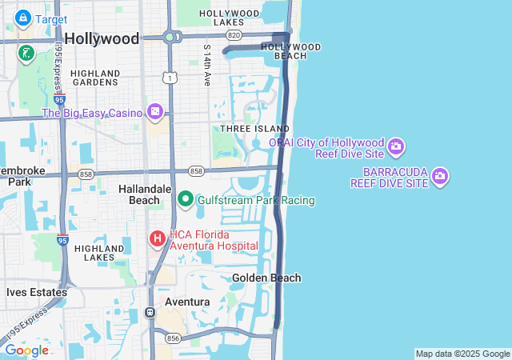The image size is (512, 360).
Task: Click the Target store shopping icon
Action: [x=23, y=18]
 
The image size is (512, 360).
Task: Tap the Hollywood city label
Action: [x=102, y=38]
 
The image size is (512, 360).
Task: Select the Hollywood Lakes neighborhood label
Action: [x=229, y=18]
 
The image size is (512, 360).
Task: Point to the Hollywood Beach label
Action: [x=290, y=51]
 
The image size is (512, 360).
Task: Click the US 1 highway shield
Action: [x=169, y=78]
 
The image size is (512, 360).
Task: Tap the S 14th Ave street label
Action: [x=206, y=66]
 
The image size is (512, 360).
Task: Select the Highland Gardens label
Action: [x=95, y=78]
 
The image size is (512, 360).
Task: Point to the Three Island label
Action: [x=254, y=128]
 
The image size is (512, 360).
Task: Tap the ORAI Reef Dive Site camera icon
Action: [x=396, y=147]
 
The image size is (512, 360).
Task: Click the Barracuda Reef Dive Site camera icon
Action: [x=440, y=176]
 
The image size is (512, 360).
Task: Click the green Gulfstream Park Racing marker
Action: [x=186, y=199]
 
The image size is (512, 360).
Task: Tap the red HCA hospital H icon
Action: [x=157, y=238]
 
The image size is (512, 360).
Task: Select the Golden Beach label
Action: [x=266, y=278]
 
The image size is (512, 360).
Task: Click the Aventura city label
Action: [x=186, y=302]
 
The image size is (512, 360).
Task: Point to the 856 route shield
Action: [x=174, y=338]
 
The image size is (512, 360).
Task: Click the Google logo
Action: [x=26, y=350]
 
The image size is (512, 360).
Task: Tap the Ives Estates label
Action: [x=36, y=292]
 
